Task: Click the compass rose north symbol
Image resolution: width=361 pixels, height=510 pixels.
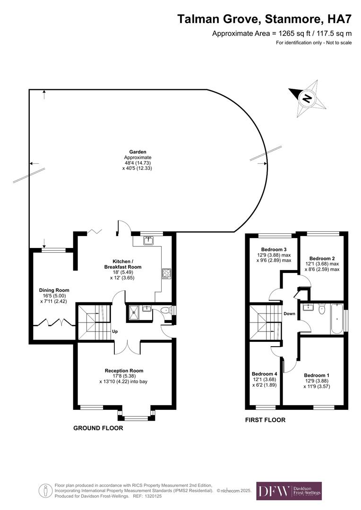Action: point(307,99)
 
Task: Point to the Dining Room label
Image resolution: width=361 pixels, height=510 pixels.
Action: point(54,290)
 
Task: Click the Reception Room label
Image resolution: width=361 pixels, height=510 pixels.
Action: point(124,371)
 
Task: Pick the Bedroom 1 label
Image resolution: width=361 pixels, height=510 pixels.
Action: point(317,375)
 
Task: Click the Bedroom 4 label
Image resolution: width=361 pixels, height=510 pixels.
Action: point(264,374)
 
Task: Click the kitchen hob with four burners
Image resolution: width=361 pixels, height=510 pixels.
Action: point(166,272)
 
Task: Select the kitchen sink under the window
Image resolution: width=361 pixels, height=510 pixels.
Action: point(149,240)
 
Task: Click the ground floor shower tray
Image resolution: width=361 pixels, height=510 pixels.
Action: point(134,312)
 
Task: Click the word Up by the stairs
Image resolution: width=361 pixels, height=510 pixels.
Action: point(115,331)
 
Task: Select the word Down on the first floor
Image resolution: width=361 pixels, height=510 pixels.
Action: point(289,314)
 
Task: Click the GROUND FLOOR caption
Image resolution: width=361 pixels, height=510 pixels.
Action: point(98,428)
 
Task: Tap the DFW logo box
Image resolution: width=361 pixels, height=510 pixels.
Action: point(289,491)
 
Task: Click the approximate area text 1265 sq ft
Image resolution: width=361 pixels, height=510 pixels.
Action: point(282,33)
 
